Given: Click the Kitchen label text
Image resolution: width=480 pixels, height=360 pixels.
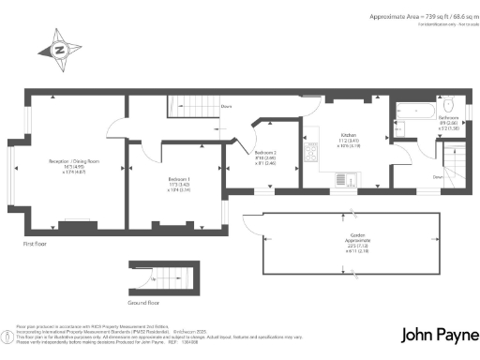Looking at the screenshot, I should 347,139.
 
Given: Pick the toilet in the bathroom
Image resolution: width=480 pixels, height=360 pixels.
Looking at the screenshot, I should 450,103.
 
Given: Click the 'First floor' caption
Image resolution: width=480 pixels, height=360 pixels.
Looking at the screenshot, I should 35,244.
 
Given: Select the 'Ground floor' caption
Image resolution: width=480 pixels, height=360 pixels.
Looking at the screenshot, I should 144,303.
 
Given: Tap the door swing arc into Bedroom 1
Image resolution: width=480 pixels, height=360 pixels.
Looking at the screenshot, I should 143,149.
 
